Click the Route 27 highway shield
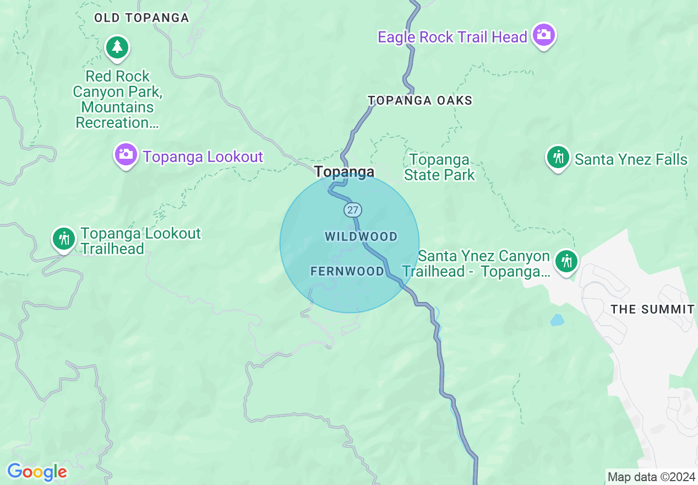pos(353,209)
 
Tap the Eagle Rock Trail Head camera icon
pos(544,34)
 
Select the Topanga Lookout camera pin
pos(126,154)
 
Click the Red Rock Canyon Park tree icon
pos(117,47)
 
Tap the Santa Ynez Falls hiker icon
pos(558,158)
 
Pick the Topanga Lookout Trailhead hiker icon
pos(64,239)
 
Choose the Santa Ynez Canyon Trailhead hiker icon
pos(566,261)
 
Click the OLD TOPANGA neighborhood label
pos(141,18)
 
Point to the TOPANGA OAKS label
pos(420,100)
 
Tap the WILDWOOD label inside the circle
pos(361,236)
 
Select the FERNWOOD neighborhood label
pos(347,271)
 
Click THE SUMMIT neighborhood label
pos(652,309)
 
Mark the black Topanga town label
pos(345,172)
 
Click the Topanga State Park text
pos(439,168)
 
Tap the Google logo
pos(37,472)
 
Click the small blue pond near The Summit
pos(557,320)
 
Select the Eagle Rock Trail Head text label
pos(452,37)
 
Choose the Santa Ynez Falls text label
pos(631,160)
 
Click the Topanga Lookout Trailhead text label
pos(140,241)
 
